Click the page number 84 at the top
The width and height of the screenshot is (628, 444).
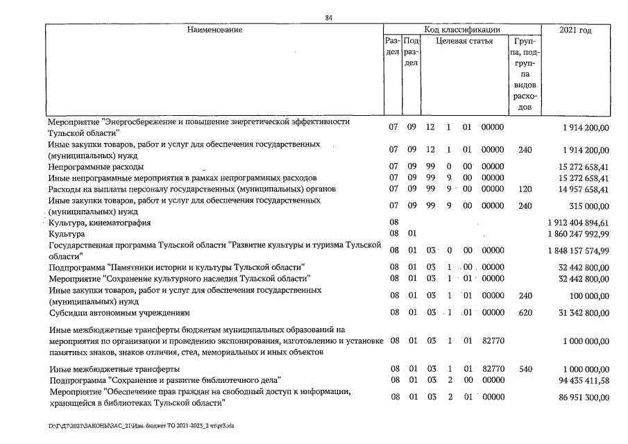pos(328,17)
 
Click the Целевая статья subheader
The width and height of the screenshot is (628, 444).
pos(464,41)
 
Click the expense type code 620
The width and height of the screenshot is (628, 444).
pos(525,312)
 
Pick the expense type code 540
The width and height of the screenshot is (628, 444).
pos(525,369)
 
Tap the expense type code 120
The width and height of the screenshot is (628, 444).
pos(525,189)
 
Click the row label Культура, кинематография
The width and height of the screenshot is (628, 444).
pos(99,223)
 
